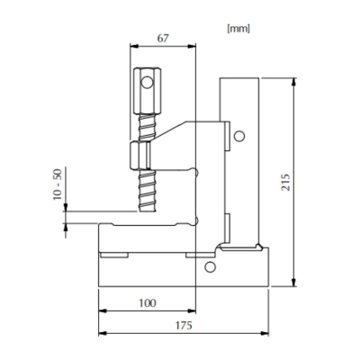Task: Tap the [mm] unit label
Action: [238, 28]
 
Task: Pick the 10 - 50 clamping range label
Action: [57, 184]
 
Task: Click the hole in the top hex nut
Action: [146, 87]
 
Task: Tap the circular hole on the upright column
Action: [238, 136]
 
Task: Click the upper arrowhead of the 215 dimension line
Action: [294, 82]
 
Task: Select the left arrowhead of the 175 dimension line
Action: [100, 333]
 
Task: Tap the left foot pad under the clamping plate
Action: [112, 255]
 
